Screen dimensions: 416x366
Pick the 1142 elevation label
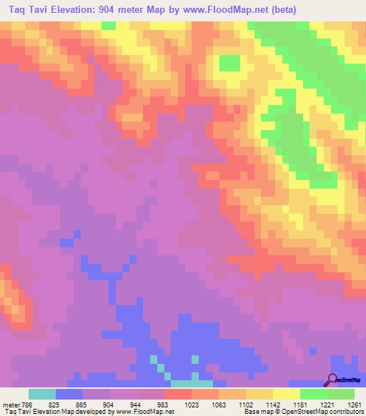tap(273, 404)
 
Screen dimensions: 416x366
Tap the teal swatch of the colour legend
tap(42, 394)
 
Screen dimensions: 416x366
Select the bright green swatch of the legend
tap(314, 394)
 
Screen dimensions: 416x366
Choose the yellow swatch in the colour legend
tap(287, 394)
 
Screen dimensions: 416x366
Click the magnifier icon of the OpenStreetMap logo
tap(332, 380)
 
